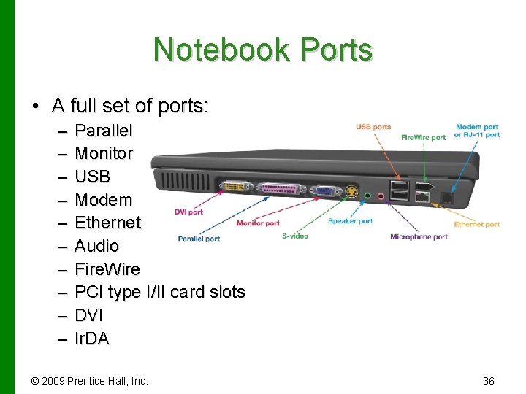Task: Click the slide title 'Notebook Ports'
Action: [x=263, y=50]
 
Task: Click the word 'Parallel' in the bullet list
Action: [x=104, y=131]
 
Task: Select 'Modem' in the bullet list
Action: [x=104, y=200]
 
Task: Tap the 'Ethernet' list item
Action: [x=108, y=223]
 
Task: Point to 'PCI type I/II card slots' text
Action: [x=160, y=293]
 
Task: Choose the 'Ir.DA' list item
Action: [x=92, y=339]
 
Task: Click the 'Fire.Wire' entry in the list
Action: [x=107, y=269]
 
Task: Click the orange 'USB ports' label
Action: [x=373, y=127]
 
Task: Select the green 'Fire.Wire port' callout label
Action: [x=423, y=137]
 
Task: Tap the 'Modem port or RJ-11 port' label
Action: [x=476, y=131]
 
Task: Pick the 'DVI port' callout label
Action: [x=188, y=212]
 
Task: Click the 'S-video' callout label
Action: [x=295, y=236]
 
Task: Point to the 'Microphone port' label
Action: [x=419, y=236]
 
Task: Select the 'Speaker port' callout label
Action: [x=350, y=221]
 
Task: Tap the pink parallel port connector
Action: [x=277, y=190]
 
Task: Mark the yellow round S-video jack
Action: [x=352, y=193]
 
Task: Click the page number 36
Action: [x=489, y=381]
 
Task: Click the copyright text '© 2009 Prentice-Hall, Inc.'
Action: [x=89, y=381]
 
